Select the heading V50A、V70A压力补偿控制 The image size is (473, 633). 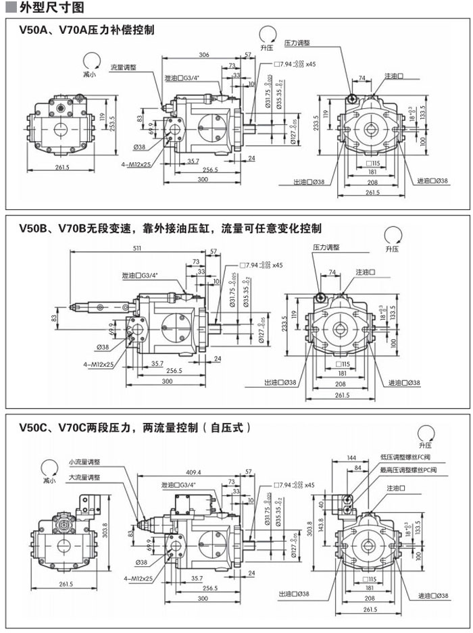click(x=86, y=30)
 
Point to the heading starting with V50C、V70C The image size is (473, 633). click(x=135, y=427)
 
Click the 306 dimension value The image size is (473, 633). click(x=203, y=54)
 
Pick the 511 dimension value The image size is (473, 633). click(x=137, y=248)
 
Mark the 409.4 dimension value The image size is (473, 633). click(x=193, y=472)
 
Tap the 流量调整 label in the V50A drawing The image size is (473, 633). click(x=124, y=68)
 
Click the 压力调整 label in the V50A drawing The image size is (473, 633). click(x=297, y=43)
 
